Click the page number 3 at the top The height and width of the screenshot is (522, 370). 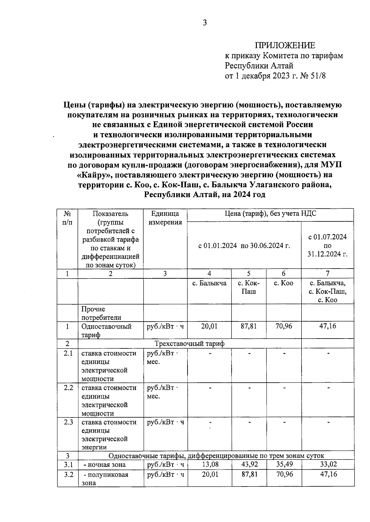205,23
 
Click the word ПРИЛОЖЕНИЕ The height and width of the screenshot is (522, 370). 285,46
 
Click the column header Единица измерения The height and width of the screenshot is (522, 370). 165,218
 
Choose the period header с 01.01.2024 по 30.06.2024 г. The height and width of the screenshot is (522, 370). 244,246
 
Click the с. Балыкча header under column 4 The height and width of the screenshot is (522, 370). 209,283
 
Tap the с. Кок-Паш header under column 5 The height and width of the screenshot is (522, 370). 249,287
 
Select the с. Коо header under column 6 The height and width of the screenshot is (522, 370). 284,283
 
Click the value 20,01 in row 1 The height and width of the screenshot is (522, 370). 209,326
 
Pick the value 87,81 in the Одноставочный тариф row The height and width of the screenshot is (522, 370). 249,326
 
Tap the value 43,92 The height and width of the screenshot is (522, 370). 249,464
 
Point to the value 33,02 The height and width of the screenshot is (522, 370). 328,464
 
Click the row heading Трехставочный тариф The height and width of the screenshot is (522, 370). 189,343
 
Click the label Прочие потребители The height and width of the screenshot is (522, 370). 93,313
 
